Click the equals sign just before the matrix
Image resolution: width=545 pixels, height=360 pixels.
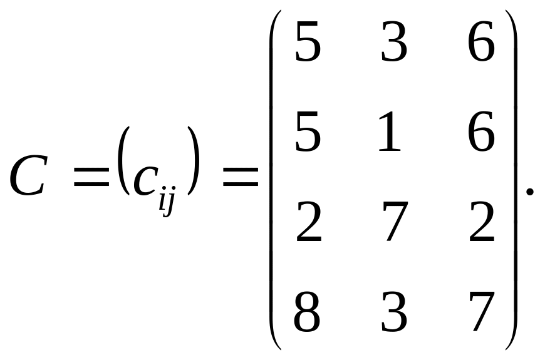click(238, 177)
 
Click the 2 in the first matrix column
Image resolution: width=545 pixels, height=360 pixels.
click(308, 222)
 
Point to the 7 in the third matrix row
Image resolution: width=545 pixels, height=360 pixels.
click(396, 223)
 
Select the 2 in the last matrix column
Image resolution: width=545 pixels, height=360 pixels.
click(481, 222)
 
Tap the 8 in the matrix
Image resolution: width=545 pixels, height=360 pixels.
click(307, 311)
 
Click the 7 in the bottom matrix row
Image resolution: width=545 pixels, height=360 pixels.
click(482, 311)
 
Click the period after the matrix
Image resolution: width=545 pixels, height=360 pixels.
click(530, 191)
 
